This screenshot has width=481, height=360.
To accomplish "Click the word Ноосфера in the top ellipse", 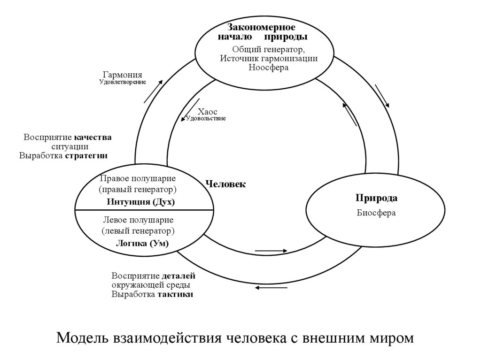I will (x=269, y=67).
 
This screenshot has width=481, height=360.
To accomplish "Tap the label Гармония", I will (x=122, y=75).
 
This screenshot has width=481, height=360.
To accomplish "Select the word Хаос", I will (x=207, y=112).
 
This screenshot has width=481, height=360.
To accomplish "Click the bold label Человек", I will (x=225, y=184).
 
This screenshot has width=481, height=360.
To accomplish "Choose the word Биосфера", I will (x=376, y=213).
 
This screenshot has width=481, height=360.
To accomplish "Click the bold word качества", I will (x=93, y=138).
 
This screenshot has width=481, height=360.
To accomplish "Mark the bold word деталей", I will (x=178, y=276).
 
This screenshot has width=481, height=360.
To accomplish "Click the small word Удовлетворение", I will (x=122, y=82).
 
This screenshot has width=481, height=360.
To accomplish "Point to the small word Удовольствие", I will (x=206, y=119).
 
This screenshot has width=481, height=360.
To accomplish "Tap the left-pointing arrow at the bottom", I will (x=271, y=287).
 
